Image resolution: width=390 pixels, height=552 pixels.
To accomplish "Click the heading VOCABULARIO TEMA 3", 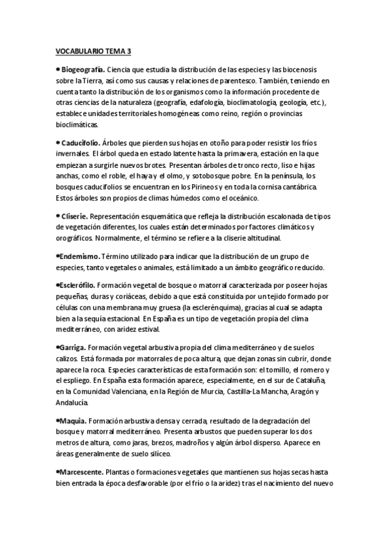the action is tap(93, 50).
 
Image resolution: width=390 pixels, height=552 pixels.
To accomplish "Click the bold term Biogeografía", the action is tap(82, 70).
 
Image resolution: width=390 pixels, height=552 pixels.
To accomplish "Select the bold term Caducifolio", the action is tap(81, 143).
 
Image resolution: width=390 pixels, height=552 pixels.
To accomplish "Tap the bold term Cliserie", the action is tap(74, 216).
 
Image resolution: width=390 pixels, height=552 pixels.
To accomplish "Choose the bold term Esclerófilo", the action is tap(78, 284).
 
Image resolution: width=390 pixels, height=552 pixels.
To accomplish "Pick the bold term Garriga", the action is tap(72, 348).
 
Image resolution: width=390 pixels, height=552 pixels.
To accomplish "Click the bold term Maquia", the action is tap(72, 421).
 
